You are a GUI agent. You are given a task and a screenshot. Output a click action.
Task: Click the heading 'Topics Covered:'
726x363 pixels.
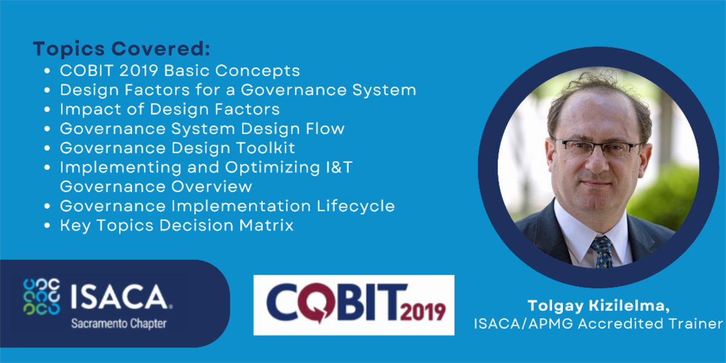click(x=122, y=49)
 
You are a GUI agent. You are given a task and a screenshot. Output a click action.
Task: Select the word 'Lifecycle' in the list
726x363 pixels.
click(x=356, y=206)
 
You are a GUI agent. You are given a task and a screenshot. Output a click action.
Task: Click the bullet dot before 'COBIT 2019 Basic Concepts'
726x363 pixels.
click(x=47, y=71)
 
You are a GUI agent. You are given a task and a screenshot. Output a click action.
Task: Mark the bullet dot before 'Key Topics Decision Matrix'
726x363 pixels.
click(x=47, y=225)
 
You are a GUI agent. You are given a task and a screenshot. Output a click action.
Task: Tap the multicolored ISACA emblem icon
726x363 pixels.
click(x=42, y=296)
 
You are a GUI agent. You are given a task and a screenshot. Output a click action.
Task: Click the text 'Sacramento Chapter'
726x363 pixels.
click(x=119, y=324)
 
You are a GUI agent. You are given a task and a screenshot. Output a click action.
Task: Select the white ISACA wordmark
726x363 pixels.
click(x=121, y=297)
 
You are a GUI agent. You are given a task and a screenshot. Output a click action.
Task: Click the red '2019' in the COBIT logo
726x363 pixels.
click(x=423, y=312)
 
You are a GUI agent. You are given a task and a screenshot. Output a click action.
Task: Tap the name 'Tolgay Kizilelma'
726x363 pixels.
click(x=598, y=306)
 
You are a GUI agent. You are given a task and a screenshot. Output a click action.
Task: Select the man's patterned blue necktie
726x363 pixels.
click(x=603, y=252)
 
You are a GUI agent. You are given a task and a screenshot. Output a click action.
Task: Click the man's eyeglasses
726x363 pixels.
click(x=598, y=148)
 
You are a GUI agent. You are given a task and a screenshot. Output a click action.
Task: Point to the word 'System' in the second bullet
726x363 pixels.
click(x=384, y=90)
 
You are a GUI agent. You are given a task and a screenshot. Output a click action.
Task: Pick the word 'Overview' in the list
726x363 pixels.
click(x=212, y=186)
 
